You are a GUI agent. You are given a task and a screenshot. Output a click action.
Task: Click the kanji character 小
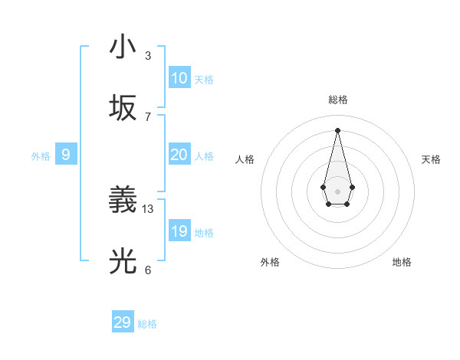[123, 47]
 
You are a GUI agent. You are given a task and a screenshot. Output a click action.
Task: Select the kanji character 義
[123, 201]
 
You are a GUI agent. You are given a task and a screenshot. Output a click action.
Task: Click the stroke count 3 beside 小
[148, 56]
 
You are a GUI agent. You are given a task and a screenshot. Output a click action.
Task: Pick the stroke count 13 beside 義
[148, 208]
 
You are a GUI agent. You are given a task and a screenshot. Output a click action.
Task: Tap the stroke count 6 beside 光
[148, 270]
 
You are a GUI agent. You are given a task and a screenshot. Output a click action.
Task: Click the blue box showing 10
[179, 78]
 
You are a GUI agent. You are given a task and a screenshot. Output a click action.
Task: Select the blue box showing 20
[179, 155]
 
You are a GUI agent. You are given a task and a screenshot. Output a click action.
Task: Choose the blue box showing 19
[179, 231]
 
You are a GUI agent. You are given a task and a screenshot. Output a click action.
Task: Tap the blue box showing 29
[123, 322]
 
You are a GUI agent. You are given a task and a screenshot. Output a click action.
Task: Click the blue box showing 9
[66, 155]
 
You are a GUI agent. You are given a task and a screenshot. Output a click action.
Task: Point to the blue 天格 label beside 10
[204, 80]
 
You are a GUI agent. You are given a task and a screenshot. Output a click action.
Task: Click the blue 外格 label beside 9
[41, 156]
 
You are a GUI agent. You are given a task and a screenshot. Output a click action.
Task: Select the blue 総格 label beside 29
[147, 324]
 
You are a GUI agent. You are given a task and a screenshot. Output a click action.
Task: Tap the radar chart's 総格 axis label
[337, 100]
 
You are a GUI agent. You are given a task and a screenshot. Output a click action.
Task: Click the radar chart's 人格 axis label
[245, 159]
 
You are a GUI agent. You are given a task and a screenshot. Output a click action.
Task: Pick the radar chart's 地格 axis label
[402, 262]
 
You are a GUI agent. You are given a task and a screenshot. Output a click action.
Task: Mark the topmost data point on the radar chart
[337, 130]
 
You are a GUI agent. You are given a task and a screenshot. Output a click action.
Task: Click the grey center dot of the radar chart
[337, 191]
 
